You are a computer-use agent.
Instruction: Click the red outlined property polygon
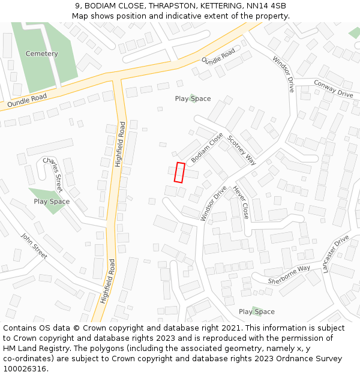[x=179, y=172]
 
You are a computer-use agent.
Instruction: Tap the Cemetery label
[x=42, y=54]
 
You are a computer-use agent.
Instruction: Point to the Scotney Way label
[x=241, y=149]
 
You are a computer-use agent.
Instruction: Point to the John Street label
[x=34, y=246]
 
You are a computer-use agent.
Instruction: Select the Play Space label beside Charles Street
[x=52, y=202]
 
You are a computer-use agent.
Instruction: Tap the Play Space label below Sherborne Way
[x=257, y=311]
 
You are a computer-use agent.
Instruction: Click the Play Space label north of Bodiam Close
[x=193, y=98]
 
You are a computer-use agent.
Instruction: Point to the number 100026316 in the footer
[x=24, y=369]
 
